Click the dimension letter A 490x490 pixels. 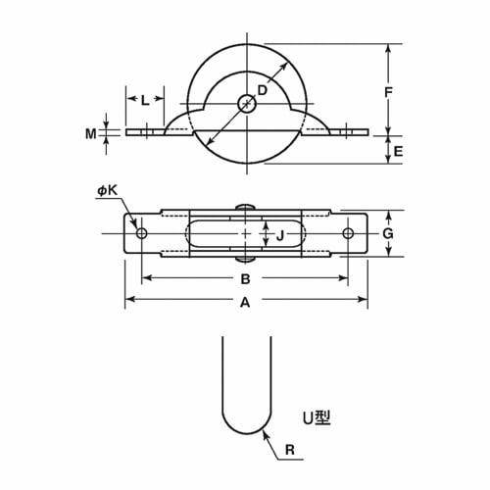[x=245, y=304]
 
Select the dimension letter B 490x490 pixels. [x=245, y=279]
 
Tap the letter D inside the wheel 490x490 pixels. [x=262, y=90]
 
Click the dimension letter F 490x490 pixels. [x=389, y=92]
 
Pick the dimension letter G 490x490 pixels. [x=388, y=233]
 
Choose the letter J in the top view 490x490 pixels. [x=280, y=234]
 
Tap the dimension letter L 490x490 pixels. [x=145, y=99]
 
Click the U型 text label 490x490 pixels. [x=316, y=417]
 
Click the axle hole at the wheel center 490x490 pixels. [x=246, y=101]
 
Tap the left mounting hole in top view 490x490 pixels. [x=142, y=233]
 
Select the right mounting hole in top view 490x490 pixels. [x=348, y=233]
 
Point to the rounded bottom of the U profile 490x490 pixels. [x=245, y=429]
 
